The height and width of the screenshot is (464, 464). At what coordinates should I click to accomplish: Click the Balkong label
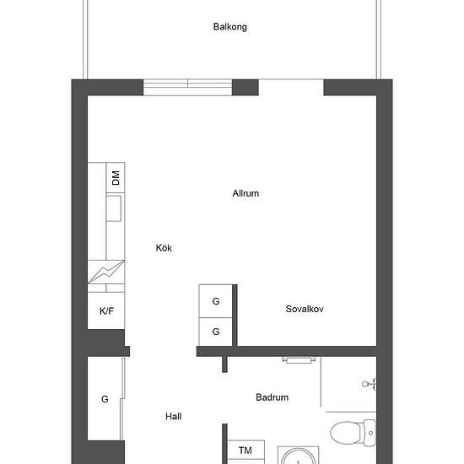pos(230,27)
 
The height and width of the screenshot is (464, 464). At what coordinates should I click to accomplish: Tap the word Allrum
pos(245,193)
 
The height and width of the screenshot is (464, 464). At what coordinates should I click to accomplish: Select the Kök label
pos(164,248)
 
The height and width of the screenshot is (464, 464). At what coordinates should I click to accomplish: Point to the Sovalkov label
pos(305,309)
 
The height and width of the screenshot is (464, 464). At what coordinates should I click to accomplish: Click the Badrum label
pos(272,397)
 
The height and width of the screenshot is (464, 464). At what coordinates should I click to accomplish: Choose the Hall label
pos(174,417)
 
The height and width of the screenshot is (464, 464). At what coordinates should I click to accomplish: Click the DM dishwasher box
pos(116,177)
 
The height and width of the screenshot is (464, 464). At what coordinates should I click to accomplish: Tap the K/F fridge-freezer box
pos(106,310)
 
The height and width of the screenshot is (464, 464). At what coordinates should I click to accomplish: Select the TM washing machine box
pos(245,451)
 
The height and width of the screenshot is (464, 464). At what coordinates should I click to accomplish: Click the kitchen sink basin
pos(114,208)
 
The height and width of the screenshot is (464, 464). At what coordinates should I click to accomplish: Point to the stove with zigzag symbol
pos(106,272)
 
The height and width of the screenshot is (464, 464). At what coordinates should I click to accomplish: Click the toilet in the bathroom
pos(353,432)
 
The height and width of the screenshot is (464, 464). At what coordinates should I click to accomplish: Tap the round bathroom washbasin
pos(299,456)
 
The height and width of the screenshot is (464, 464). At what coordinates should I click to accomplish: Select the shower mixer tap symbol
pos(370,384)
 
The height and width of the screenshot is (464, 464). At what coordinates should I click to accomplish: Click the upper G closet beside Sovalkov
pos(216,301)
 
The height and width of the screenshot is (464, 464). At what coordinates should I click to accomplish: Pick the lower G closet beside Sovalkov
pos(216,332)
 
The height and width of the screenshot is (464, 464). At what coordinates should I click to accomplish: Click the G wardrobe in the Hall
pos(105,398)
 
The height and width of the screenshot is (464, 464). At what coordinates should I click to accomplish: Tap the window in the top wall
pos(187,87)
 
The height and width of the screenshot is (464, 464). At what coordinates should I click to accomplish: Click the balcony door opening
pos(291,87)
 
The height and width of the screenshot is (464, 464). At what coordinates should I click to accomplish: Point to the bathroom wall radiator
pos(298,360)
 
